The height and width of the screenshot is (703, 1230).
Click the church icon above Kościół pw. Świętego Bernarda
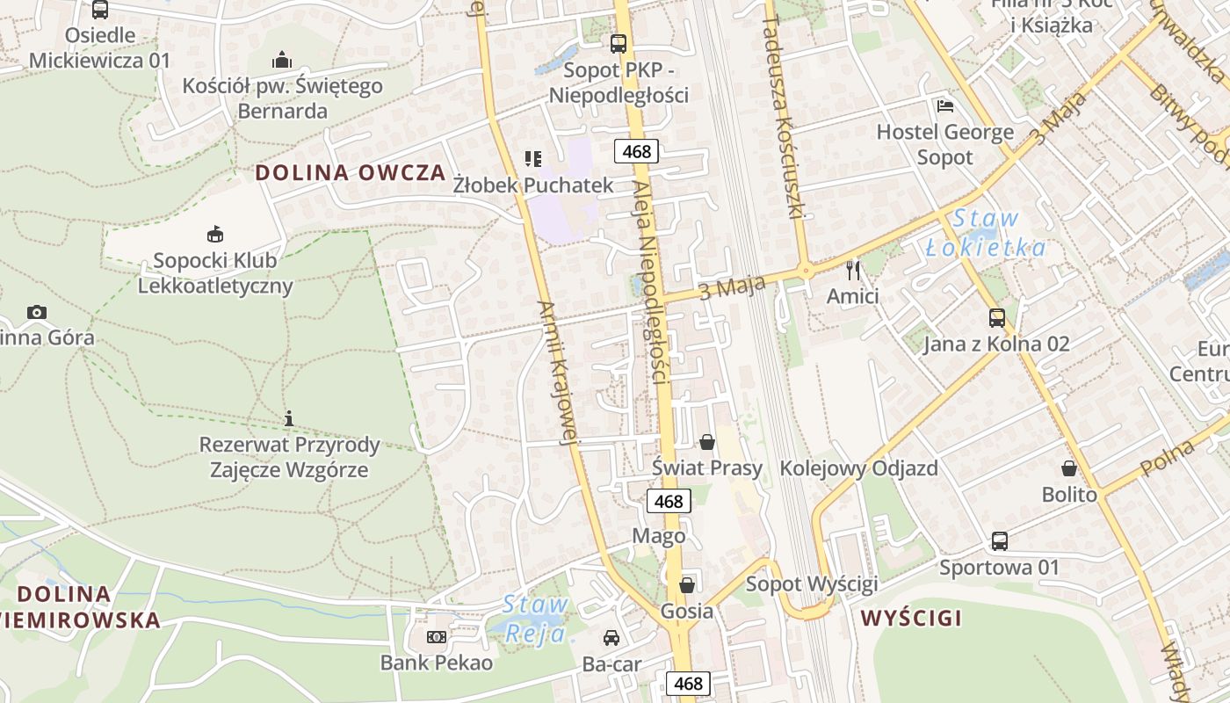click(x=282, y=60)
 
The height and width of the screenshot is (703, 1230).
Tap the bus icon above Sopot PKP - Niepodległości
click(x=619, y=43)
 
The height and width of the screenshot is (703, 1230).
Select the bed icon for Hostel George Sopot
click(x=945, y=106)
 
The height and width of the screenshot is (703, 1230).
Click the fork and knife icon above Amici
click(x=852, y=269)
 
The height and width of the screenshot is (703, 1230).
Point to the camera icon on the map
click(x=36, y=312)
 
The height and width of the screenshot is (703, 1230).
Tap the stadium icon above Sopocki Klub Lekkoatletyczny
click(x=215, y=234)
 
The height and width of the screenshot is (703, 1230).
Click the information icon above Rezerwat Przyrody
click(x=289, y=418)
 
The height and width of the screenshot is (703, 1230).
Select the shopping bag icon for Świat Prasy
click(x=707, y=441)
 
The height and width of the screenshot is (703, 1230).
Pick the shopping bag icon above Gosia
click(x=686, y=584)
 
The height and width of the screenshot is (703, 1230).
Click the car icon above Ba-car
click(x=611, y=638)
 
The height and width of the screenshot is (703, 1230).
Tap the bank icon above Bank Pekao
click(x=436, y=637)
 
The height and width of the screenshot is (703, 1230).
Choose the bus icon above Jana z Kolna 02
click(x=996, y=317)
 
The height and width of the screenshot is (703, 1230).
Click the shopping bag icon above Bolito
click(x=1069, y=468)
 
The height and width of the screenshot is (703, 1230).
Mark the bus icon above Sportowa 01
click(x=1000, y=540)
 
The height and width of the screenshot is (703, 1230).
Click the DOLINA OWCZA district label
click(x=351, y=172)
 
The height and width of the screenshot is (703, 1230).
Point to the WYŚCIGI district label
click(x=911, y=618)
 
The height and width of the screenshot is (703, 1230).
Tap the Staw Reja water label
click(x=535, y=618)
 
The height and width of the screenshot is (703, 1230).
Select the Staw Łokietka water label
click(x=986, y=233)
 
